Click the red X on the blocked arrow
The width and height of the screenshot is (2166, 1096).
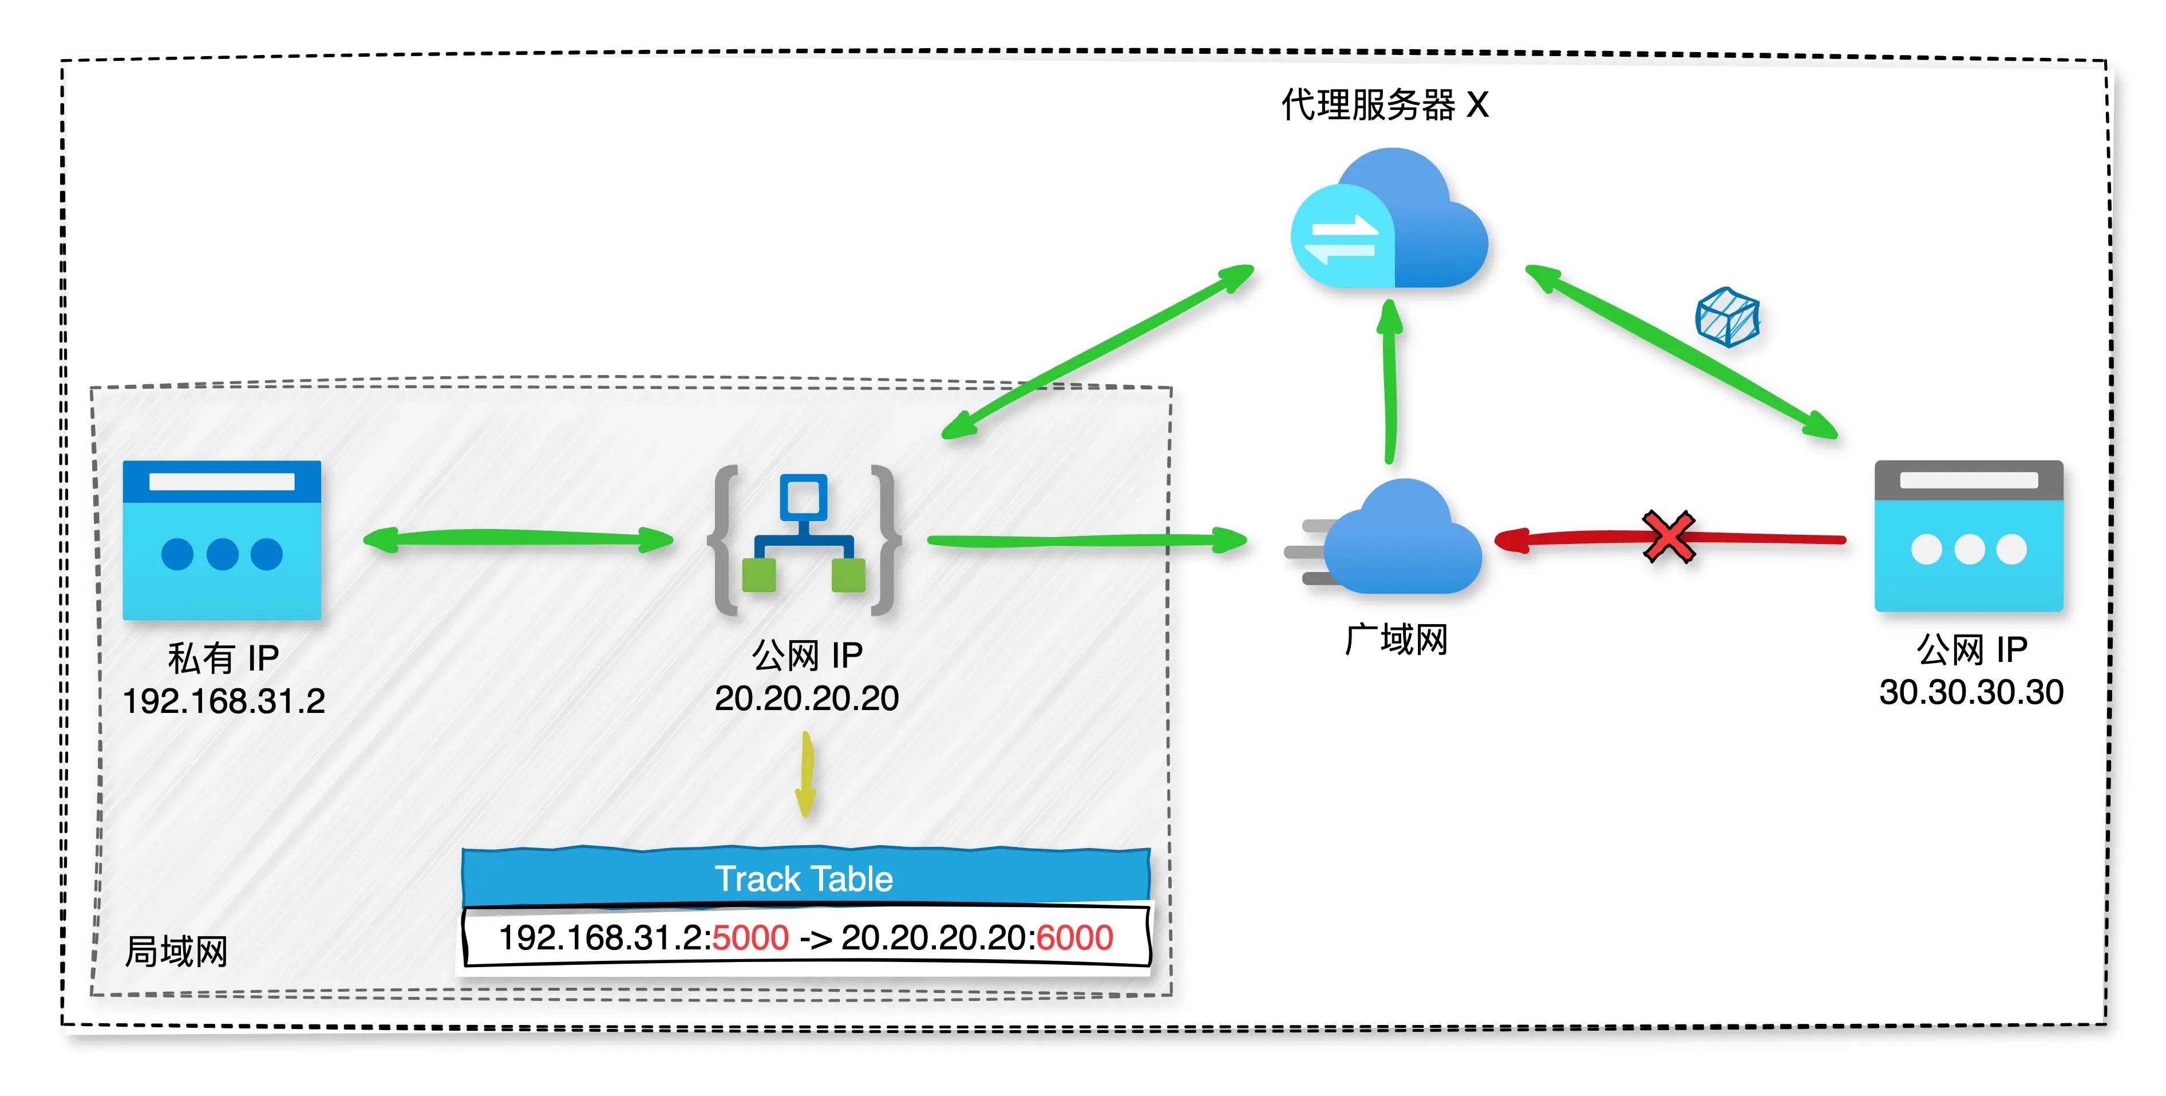pos(1669,537)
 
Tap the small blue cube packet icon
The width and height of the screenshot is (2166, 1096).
pos(1727,317)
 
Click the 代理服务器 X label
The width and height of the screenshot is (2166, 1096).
pos(1385,106)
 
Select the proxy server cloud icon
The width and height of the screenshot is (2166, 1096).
pos(1390,220)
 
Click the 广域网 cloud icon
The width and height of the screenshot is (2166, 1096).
pos(1400,538)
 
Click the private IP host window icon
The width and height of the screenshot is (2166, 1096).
pos(222,540)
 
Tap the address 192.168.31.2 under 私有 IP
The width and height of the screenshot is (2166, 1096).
pos(224,701)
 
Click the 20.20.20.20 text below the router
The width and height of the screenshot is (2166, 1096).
pos(807,698)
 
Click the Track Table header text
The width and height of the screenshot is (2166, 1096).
pos(804,879)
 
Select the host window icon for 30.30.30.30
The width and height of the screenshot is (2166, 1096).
pos(1969,537)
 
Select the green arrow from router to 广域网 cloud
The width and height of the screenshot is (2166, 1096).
pos(1085,540)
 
